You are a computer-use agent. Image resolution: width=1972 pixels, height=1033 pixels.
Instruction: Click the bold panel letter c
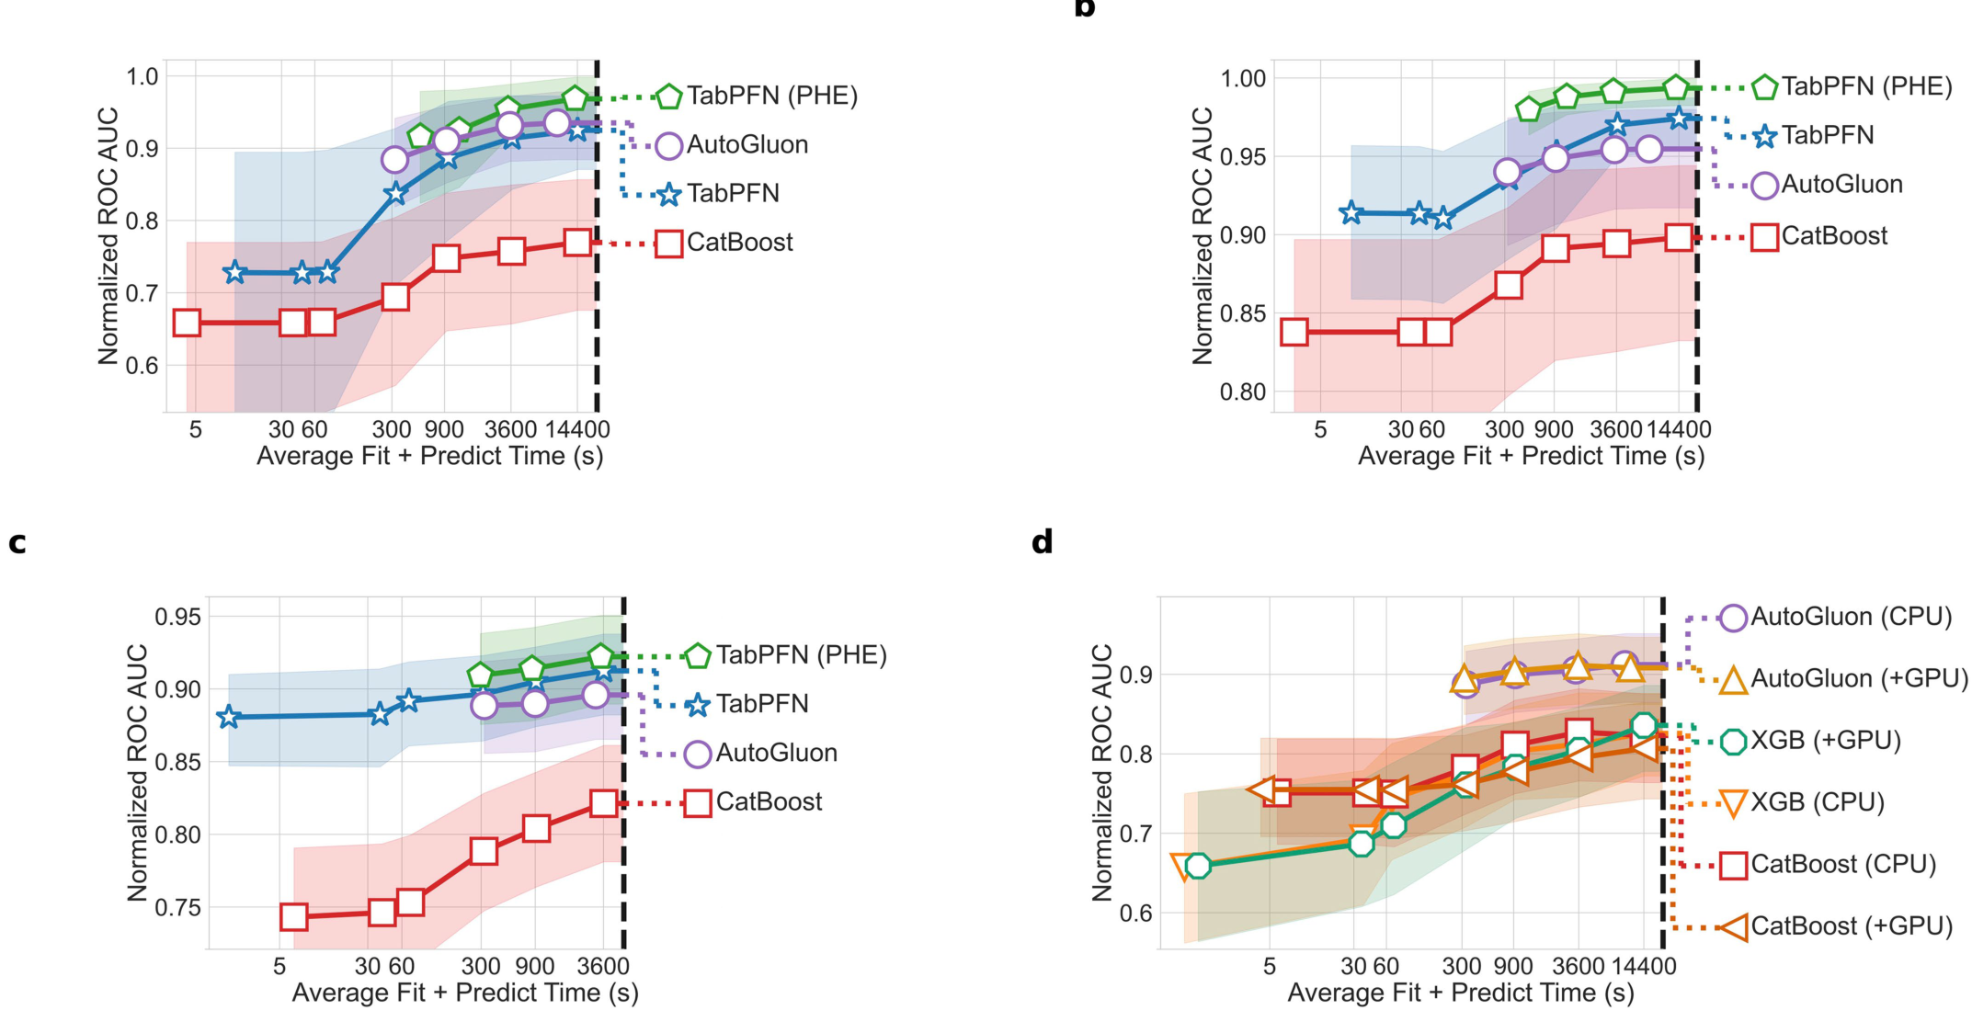(17, 543)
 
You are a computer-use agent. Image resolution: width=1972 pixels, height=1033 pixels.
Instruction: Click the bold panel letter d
(1042, 542)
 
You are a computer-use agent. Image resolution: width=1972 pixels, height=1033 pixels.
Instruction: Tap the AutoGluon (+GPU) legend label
(1859, 678)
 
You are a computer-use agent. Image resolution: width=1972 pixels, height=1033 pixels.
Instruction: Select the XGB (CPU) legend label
(1817, 802)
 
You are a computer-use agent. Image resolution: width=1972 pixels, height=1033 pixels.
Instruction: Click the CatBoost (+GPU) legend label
(1851, 925)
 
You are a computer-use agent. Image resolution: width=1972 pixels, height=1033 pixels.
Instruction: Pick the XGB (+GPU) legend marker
(1733, 741)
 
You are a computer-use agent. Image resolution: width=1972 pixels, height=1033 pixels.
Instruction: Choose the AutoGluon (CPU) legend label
(1851, 617)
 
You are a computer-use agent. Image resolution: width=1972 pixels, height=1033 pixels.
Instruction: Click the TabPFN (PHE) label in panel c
(801, 655)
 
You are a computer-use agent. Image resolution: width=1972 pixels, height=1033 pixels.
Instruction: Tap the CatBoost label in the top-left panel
(739, 243)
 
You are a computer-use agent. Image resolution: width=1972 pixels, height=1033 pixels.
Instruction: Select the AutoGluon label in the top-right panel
(1841, 185)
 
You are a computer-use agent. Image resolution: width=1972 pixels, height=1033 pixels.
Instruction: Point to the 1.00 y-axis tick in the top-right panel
(1242, 79)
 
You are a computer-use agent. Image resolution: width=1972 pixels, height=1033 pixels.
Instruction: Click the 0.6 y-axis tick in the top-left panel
(142, 366)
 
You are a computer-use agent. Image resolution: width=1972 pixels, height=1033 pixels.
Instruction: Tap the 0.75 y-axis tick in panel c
(177, 908)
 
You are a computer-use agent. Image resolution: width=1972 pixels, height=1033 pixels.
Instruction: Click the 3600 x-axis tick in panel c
(602, 967)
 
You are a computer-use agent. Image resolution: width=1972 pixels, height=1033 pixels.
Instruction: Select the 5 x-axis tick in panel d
(1270, 967)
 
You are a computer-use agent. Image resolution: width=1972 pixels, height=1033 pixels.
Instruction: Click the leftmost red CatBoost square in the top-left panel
(187, 323)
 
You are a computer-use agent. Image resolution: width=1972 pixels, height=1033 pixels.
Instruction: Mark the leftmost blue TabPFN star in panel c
(229, 718)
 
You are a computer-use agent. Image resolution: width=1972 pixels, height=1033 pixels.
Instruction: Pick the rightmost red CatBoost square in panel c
(603, 803)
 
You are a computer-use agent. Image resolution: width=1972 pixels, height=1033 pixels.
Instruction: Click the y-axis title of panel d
(1101, 772)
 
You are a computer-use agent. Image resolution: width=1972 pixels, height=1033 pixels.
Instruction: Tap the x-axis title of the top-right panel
(1531, 457)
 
